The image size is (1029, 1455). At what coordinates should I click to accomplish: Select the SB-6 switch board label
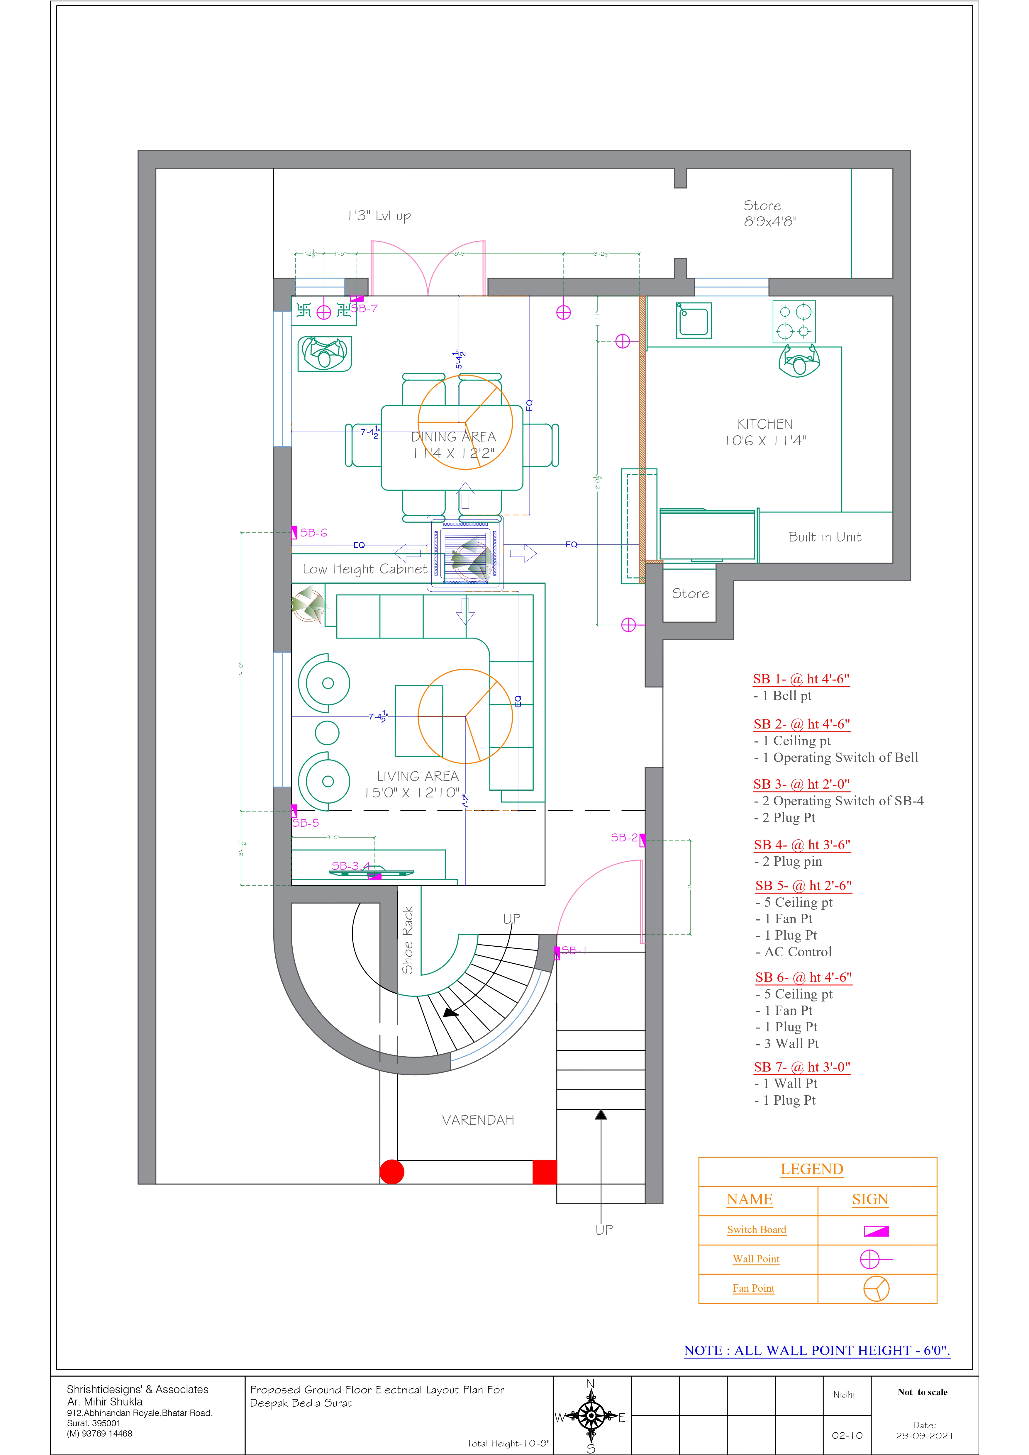point(313,533)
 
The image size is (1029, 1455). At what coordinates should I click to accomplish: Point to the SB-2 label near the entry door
point(624,838)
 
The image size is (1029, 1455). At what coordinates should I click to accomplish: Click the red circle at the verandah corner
point(392,1172)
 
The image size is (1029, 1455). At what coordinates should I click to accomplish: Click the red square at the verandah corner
point(545,1172)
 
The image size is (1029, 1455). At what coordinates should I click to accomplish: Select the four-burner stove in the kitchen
point(794,321)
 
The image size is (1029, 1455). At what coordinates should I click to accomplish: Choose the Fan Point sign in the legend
point(876,1288)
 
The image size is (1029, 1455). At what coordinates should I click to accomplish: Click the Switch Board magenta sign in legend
point(876,1231)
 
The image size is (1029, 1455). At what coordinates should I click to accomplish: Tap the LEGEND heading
point(811,1169)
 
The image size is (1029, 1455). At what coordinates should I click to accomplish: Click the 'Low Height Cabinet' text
point(365,569)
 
